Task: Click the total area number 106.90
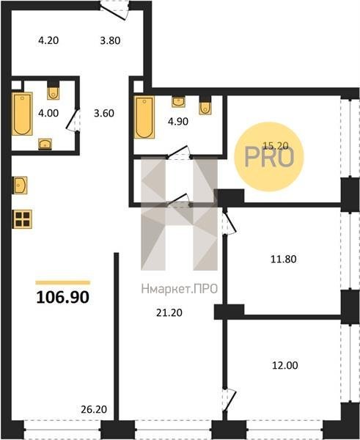[62, 297]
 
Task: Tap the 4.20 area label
[48, 40]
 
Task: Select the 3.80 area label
[110, 40]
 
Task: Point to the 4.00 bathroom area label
[48, 114]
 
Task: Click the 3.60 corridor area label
[104, 114]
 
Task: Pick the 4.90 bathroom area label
[178, 122]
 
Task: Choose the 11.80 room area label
[284, 259]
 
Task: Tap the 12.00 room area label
[285, 366]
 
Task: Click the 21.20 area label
[169, 312]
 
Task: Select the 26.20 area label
[94, 409]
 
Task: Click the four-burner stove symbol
[22, 219]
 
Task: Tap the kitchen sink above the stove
[21, 185]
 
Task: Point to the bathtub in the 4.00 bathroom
[22, 114]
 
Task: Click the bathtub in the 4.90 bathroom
[144, 117]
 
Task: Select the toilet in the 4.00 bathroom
[53, 91]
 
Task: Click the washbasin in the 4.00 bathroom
[45, 144]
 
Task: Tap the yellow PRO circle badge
[269, 157]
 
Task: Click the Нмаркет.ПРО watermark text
[180, 289]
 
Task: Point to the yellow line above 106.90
[63, 282]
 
